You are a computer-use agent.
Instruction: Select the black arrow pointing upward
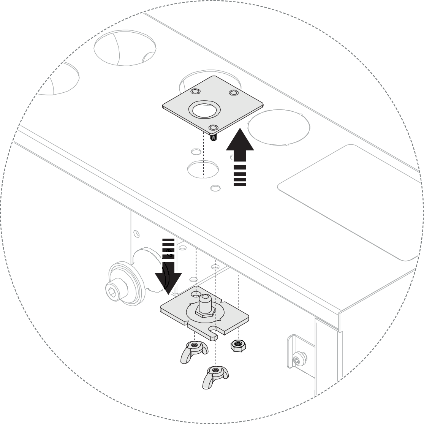tap(240, 148)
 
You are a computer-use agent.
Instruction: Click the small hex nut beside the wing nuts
tap(238, 346)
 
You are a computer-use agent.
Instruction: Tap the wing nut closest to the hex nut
tap(194, 349)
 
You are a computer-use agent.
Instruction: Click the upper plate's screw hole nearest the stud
tap(214, 127)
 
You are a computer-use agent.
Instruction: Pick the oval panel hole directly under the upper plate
tap(203, 169)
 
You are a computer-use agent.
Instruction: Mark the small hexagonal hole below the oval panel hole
tap(215, 188)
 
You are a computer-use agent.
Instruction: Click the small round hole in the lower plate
tap(196, 294)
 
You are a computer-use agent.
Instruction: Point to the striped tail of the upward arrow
tap(240, 176)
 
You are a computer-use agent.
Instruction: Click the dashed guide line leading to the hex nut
tap(238, 304)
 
